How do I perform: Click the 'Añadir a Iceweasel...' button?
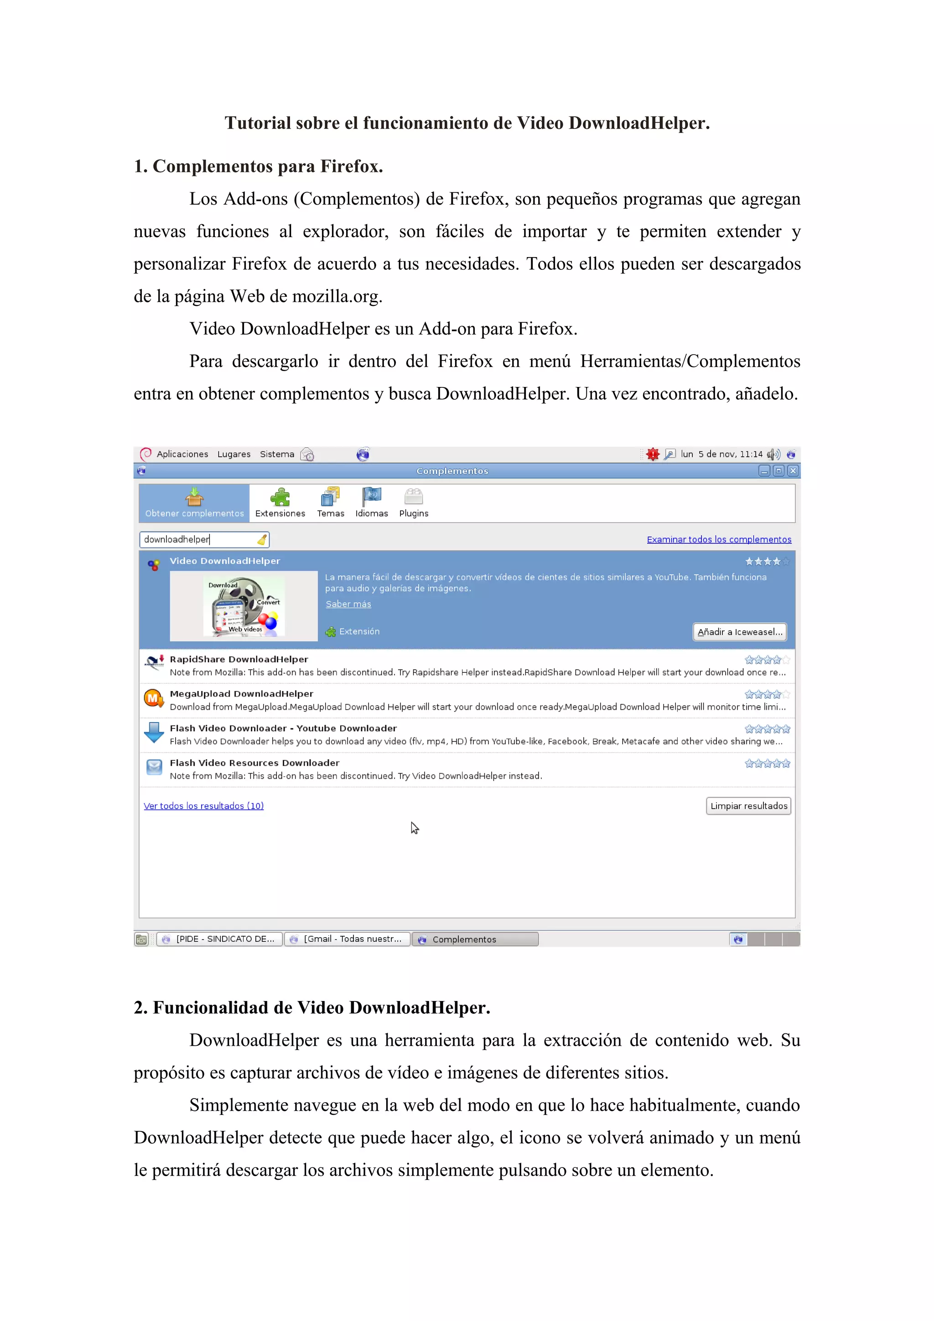[x=739, y=632]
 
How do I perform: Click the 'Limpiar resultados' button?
[x=748, y=805]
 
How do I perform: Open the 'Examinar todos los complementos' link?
[x=719, y=539]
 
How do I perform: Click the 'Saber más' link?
[x=348, y=604]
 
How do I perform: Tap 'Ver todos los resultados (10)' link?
[x=204, y=805]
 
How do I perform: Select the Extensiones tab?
[x=280, y=503]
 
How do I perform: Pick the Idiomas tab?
[x=372, y=503]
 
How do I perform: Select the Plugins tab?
[x=414, y=503]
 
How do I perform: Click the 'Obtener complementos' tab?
[x=195, y=503]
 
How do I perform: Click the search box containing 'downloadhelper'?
[x=198, y=539]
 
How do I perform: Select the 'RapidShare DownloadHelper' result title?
[x=239, y=659]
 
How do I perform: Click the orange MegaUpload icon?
[x=153, y=698]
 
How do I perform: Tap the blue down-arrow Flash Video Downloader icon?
[x=154, y=733]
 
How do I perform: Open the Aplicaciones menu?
[x=182, y=454]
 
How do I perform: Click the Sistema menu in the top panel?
[x=277, y=454]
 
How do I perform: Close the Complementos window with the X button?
[x=793, y=470]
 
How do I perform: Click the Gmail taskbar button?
[x=348, y=939]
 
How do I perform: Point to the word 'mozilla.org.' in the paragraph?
[x=337, y=296]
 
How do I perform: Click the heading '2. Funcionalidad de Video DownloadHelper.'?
[x=312, y=1007]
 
